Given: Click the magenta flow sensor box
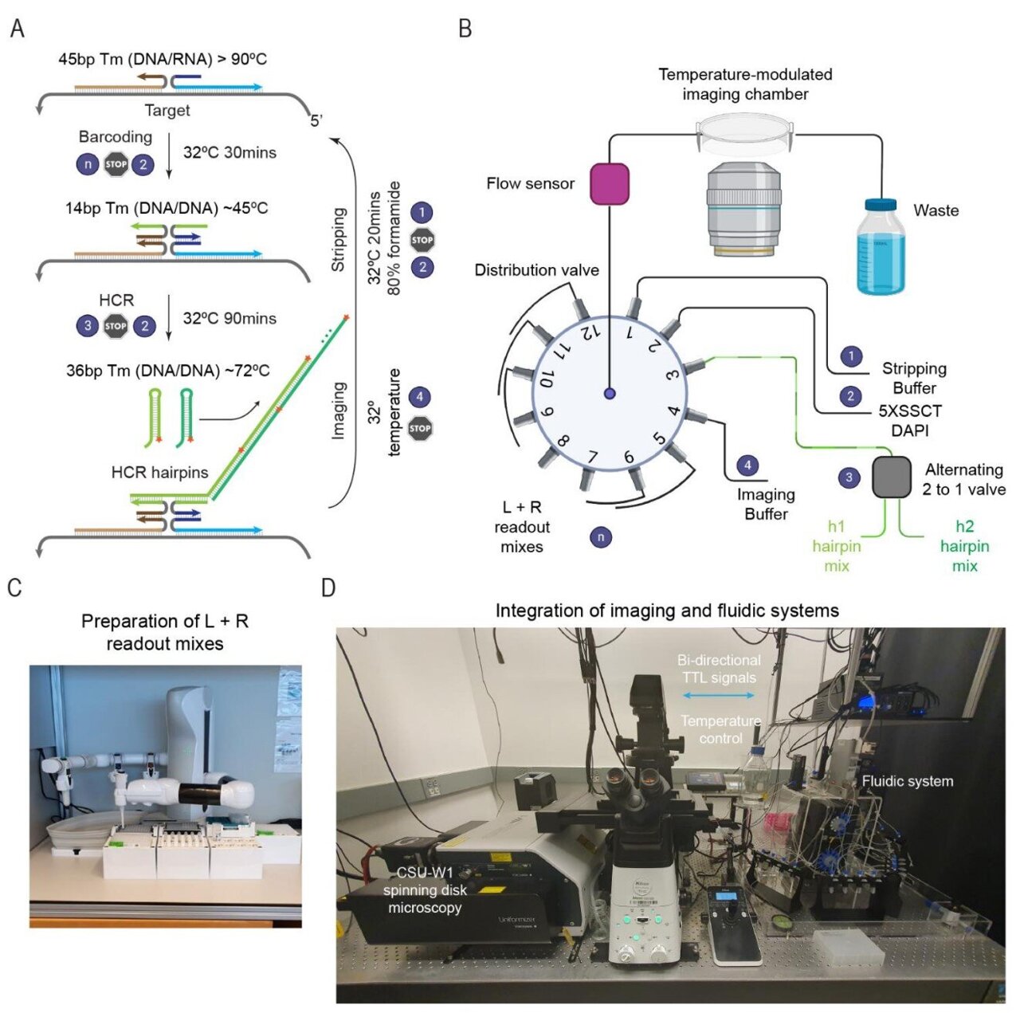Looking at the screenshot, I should coord(610,183).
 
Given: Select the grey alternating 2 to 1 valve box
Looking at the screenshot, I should coord(892,477).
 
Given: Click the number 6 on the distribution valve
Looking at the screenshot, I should coord(629,456).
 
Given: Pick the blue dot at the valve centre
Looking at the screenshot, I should coord(610,393).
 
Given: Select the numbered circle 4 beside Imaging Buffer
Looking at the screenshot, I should coord(747,465).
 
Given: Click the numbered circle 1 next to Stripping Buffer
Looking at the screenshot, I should coord(851,355).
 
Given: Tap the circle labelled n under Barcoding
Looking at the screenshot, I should coord(88,164).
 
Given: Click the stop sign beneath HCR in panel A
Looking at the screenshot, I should coord(116,325).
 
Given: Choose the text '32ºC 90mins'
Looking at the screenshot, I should coord(229,318).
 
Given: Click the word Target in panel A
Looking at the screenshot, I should coord(167,110).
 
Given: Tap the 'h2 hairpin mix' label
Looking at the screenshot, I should coord(964,546).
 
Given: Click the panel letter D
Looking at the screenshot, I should coord(328,588).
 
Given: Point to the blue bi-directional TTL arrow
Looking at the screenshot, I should coord(718,696).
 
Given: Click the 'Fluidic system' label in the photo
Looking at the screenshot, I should coord(907,781).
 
